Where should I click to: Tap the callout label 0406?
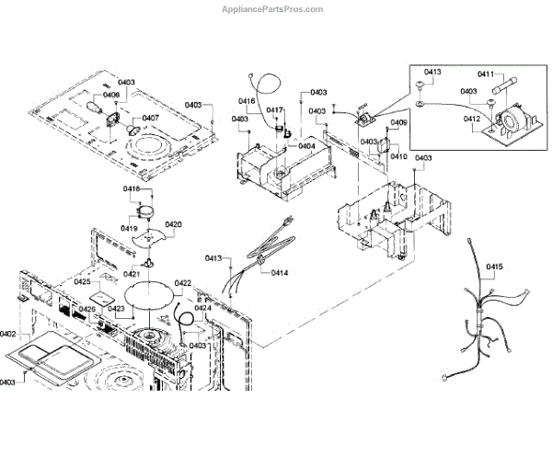click(x=111, y=95)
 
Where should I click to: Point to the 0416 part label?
click(x=247, y=101)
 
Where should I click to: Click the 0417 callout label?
click(x=275, y=110)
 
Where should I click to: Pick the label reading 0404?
click(x=305, y=145)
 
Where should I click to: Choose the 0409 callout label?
click(x=399, y=123)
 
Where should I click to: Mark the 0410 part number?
click(x=397, y=156)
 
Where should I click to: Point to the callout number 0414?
click(x=280, y=273)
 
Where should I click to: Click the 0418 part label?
click(x=132, y=189)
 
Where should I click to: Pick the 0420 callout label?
click(x=173, y=224)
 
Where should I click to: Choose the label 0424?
click(x=214, y=308)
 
